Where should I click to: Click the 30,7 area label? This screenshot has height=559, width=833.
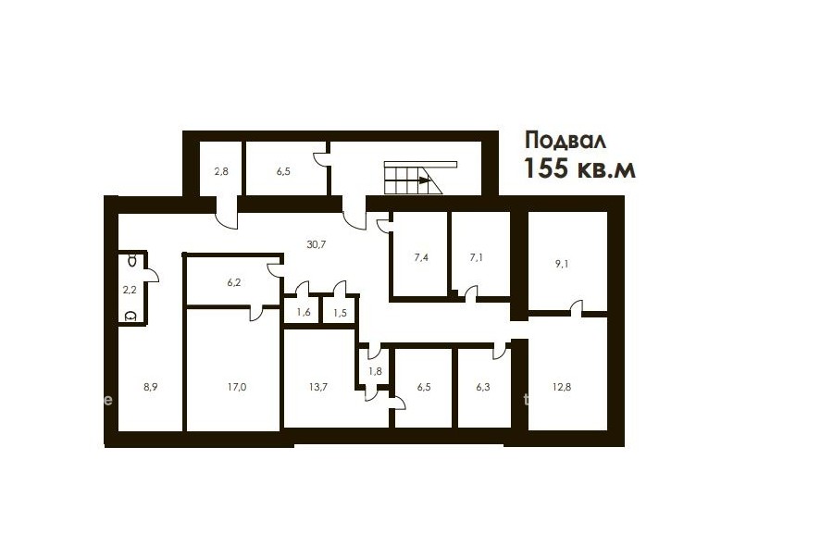(317, 244)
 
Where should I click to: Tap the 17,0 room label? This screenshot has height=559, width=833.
(236, 387)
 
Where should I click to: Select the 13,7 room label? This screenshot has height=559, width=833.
(317, 387)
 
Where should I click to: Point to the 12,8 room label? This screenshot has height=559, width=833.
(562, 387)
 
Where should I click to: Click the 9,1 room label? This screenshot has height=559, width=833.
(562, 263)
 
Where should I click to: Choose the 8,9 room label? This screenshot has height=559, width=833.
(150, 387)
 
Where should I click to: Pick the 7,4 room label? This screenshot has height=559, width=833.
(421, 257)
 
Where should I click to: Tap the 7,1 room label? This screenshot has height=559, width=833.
(477, 257)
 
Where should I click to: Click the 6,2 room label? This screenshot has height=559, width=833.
(234, 282)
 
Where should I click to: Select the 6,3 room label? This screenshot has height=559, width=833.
(483, 387)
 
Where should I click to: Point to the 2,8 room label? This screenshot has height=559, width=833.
(221, 171)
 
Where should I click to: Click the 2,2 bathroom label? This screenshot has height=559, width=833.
(130, 290)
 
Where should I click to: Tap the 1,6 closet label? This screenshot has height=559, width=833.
(304, 313)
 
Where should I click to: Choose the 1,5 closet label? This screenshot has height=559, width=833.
(340, 313)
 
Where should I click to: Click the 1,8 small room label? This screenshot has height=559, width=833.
(375, 371)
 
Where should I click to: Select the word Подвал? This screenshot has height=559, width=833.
(566, 141)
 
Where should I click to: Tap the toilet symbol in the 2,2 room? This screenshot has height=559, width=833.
(131, 317)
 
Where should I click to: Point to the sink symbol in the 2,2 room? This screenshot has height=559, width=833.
(132, 260)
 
